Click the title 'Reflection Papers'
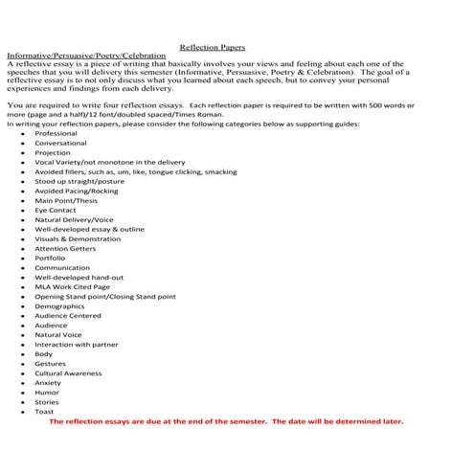coord(212,47)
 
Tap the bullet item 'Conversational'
coord(60,143)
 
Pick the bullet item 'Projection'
coord(53,152)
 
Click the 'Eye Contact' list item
coord(56,210)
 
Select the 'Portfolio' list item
coord(50,258)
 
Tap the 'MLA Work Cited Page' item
coord(72,286)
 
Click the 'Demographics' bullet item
coord(59,305)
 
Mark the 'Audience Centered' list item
coord(67,315)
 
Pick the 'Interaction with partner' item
coord(77,344)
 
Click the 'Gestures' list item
coord(51,363)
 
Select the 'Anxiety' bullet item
coord(48,382)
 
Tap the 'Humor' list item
coord(47,392)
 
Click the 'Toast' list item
coord(45,411)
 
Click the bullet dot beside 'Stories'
coord(21,402)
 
